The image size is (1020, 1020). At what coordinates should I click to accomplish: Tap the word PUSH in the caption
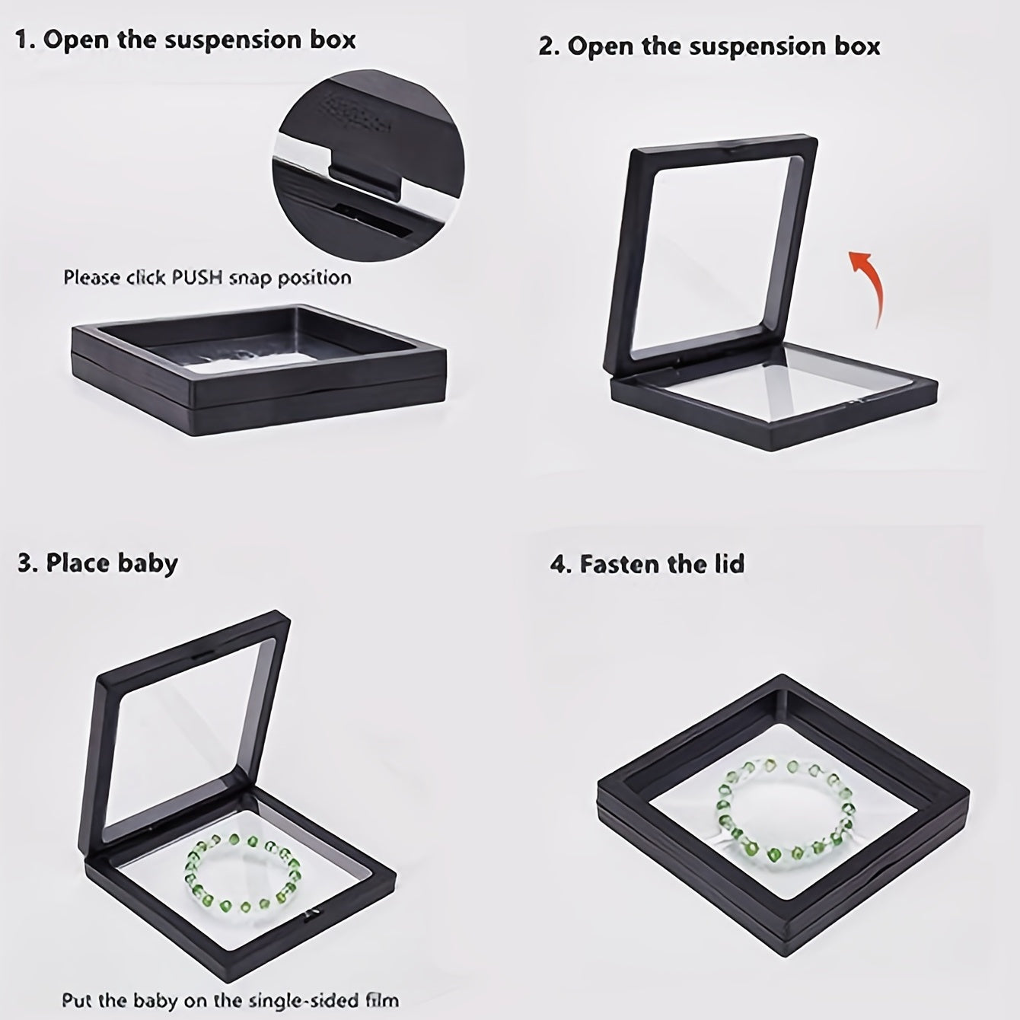[x=197, y=277]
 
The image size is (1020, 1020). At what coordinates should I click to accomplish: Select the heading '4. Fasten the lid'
[x=647, y=564]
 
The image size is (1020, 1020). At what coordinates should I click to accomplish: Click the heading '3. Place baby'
[x=97, y=564]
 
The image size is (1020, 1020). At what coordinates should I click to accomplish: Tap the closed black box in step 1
[x=259, y=370]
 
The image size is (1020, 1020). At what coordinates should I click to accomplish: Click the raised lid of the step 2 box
[x=709, y=254]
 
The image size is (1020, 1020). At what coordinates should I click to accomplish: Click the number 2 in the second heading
[x=547, y=47]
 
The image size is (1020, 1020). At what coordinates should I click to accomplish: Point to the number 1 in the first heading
[x=22, y=40]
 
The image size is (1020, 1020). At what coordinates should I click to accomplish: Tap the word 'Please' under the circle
[x=92, y=277]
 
